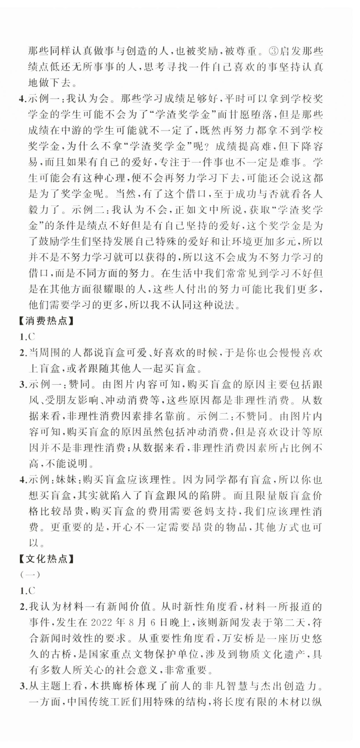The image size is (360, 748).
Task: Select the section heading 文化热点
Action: pos(46,558)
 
